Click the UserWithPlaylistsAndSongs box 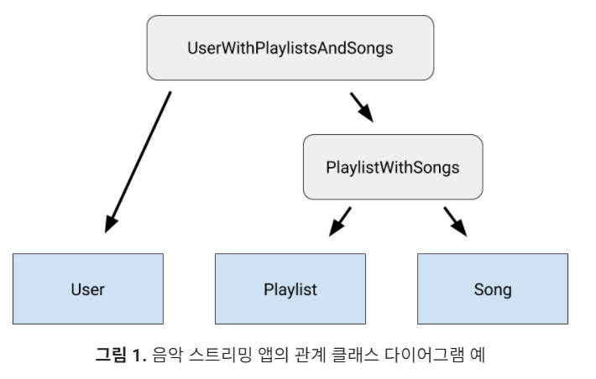[x=290, y=48]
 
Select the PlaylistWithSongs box [x=392, y=167]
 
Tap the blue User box [x=87, y=290]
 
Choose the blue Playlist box [x=290, y=290]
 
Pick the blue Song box [x=492, y=290]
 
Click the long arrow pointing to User [x=139, y=159]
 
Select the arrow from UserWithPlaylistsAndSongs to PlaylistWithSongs [x=361, y=107]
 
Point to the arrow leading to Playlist [x=340, y=221]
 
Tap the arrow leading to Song [x=454, y=221]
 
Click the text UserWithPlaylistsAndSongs [x=290, y=48]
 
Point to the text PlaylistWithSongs [x=392, y=167]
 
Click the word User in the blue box [x=87, y=290]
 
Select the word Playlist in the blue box [x=290, y=290]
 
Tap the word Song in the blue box [x=492, y=290]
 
